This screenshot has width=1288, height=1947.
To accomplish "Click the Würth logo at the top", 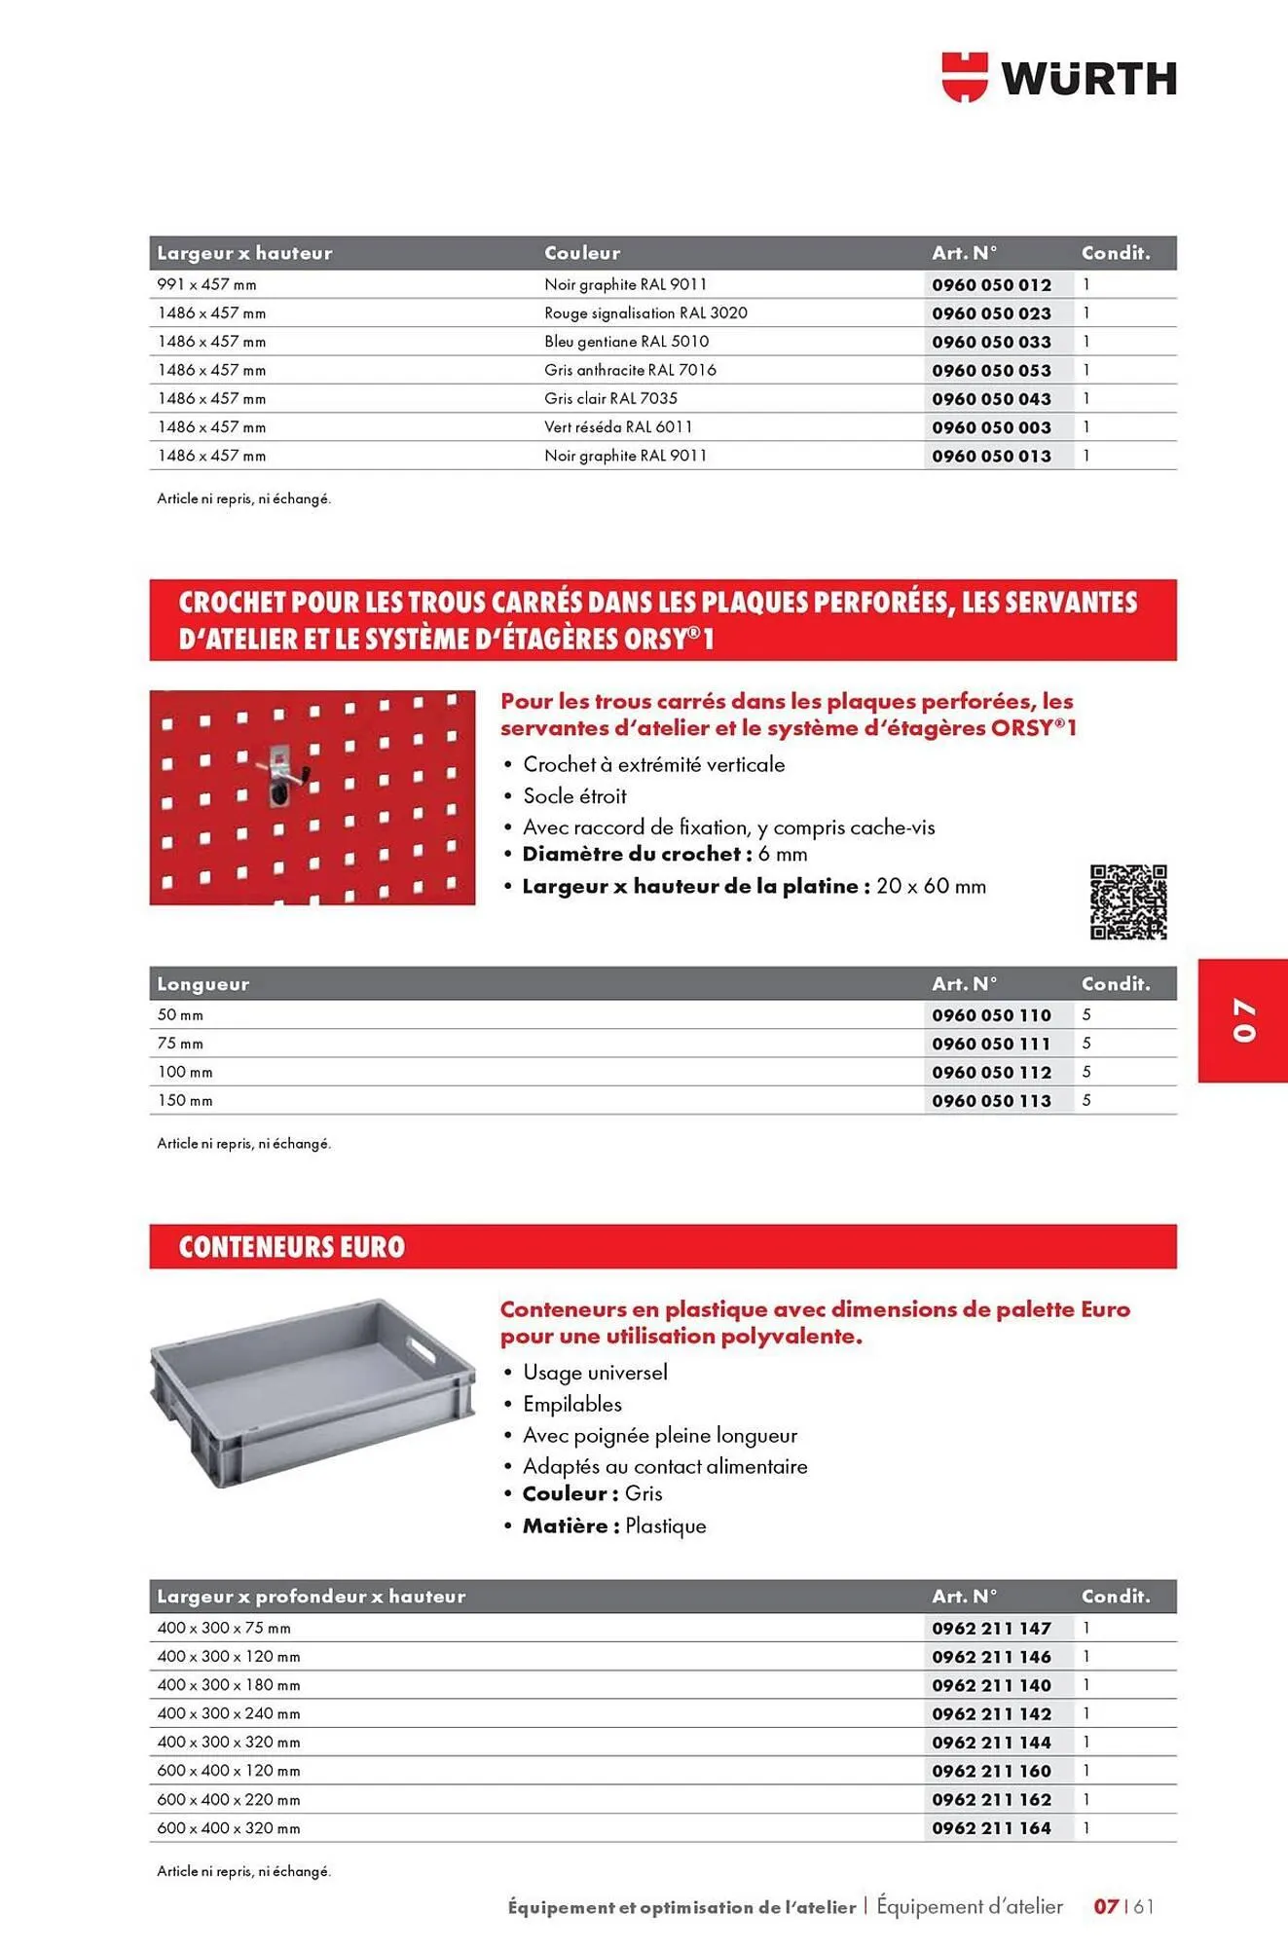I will coord(1058,78).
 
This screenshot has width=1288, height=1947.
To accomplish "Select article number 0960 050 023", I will coord(991,313).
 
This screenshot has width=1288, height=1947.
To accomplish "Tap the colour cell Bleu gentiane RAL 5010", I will coord(626,342).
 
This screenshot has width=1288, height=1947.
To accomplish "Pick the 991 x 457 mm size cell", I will coord(206,285).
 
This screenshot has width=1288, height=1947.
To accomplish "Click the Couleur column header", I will coord(582,253).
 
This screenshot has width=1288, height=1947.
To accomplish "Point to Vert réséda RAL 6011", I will coord(618,427).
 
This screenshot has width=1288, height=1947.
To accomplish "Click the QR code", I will coord(1127,901).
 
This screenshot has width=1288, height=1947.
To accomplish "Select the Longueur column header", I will coord(203,984).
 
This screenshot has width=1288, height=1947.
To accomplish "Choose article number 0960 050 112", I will coord(991,1073).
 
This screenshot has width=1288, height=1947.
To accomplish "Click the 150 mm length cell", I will coord(185,1101).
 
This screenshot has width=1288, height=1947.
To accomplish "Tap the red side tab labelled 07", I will coord(1243,1019).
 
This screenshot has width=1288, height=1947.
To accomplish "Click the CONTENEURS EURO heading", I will coord(291,1247).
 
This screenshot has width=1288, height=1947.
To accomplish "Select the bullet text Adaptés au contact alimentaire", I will coord(665,1466).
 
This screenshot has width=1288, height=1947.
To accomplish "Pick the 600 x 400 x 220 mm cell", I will coord(229,1800).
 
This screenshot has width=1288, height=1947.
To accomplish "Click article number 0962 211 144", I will coord(991,1743).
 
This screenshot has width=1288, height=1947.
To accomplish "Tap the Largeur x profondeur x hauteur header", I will coord(312,1597).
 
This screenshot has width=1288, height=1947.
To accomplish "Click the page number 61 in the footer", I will coord(1143,1906).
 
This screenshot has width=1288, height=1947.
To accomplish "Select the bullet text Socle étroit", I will coord(574,796).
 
